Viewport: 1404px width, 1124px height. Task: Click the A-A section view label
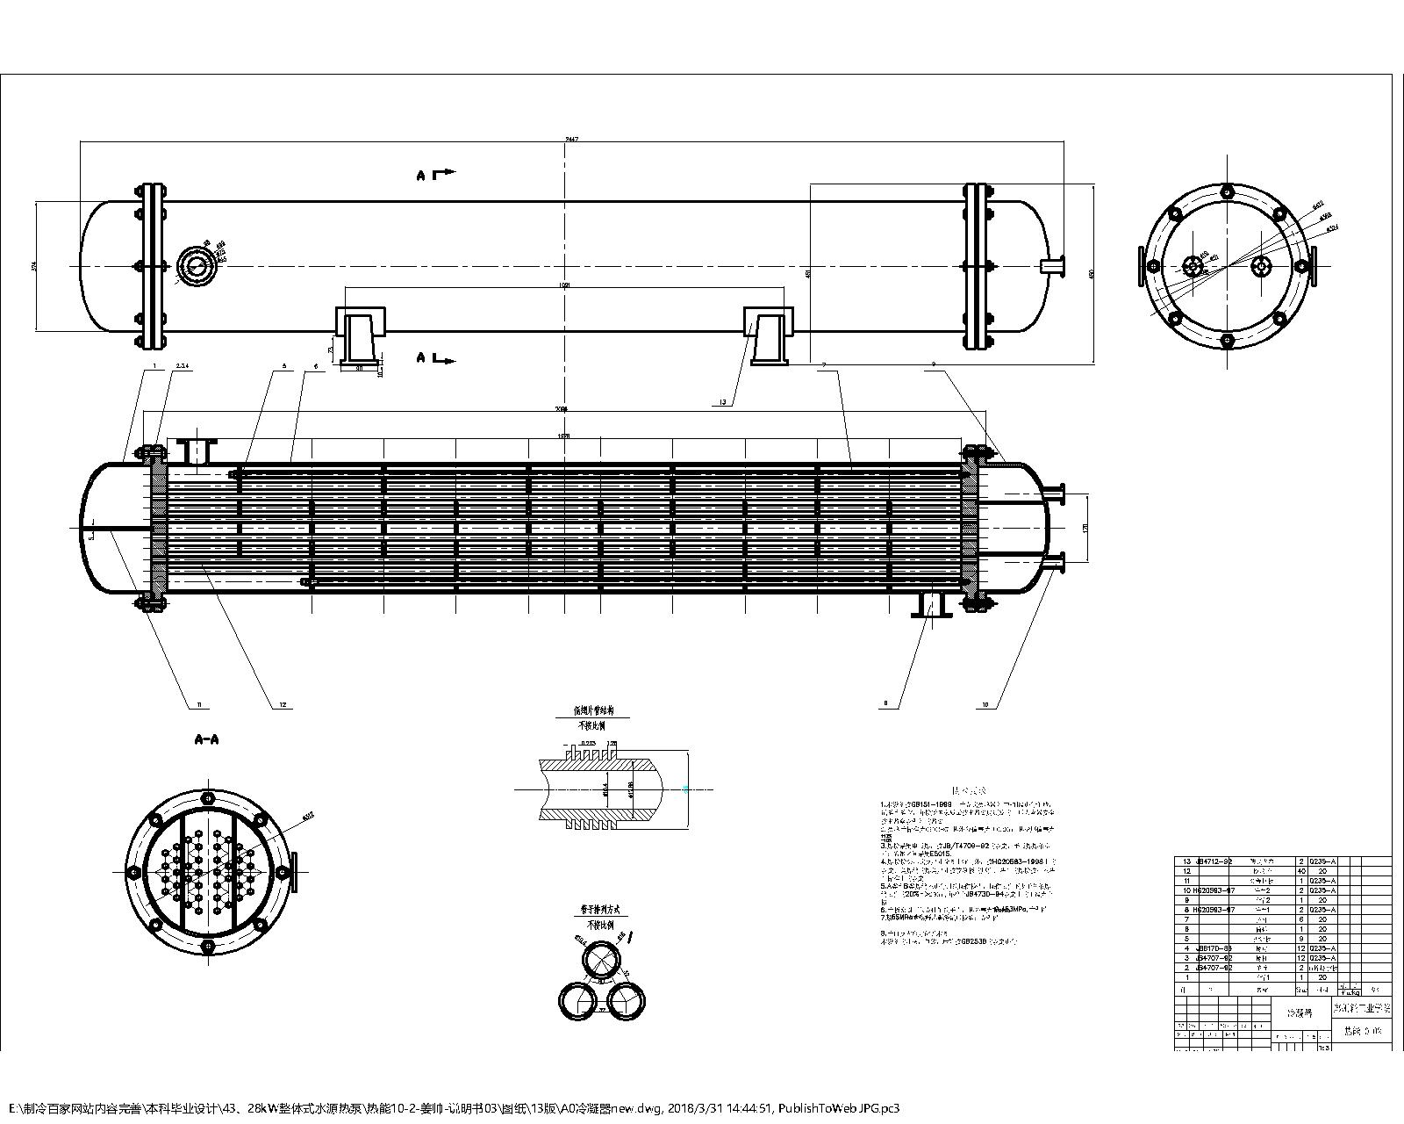(x=206, y=740)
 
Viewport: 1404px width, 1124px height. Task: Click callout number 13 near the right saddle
(x=722, y=402)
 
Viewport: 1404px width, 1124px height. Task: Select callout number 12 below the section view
(x=283, y=704)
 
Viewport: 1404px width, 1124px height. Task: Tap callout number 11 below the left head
(x=199, y=704)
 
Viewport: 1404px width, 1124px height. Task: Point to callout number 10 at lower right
(x=985, y=704)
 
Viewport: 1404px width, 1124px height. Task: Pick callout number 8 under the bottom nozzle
(x=886, y=703)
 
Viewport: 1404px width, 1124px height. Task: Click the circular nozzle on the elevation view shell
(x=195, y=265)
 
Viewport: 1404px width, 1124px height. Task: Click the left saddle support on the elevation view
(x=360, y=336)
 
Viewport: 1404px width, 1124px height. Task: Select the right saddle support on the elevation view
(x=769, y=335)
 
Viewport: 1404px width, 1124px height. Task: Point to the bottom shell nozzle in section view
(x=931, y=604)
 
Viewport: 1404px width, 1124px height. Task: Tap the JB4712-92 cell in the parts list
(x=1215, y=861)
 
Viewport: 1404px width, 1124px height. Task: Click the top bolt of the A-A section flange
(x=207, y=797)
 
